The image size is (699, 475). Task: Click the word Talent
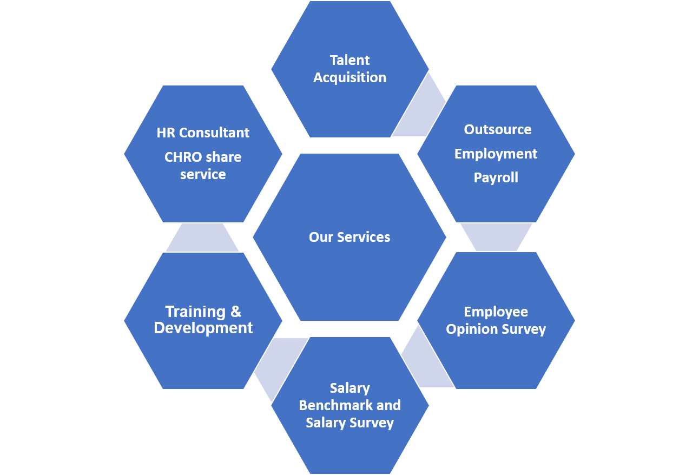point(349,60)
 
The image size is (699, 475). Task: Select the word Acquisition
point(349,77)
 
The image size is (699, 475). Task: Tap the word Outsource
point(497,130)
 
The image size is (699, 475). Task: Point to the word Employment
point(496,154)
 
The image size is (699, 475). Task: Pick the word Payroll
point(496,177)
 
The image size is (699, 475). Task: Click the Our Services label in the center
point(349,237)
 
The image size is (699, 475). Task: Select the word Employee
point(496,312)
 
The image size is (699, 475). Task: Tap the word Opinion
point(471,329)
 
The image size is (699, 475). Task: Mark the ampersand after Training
point(236,312)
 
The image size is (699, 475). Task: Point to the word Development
point(203,328)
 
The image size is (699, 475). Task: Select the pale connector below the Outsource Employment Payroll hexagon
point(496,237)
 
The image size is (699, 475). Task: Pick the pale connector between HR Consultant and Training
point(202,237)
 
